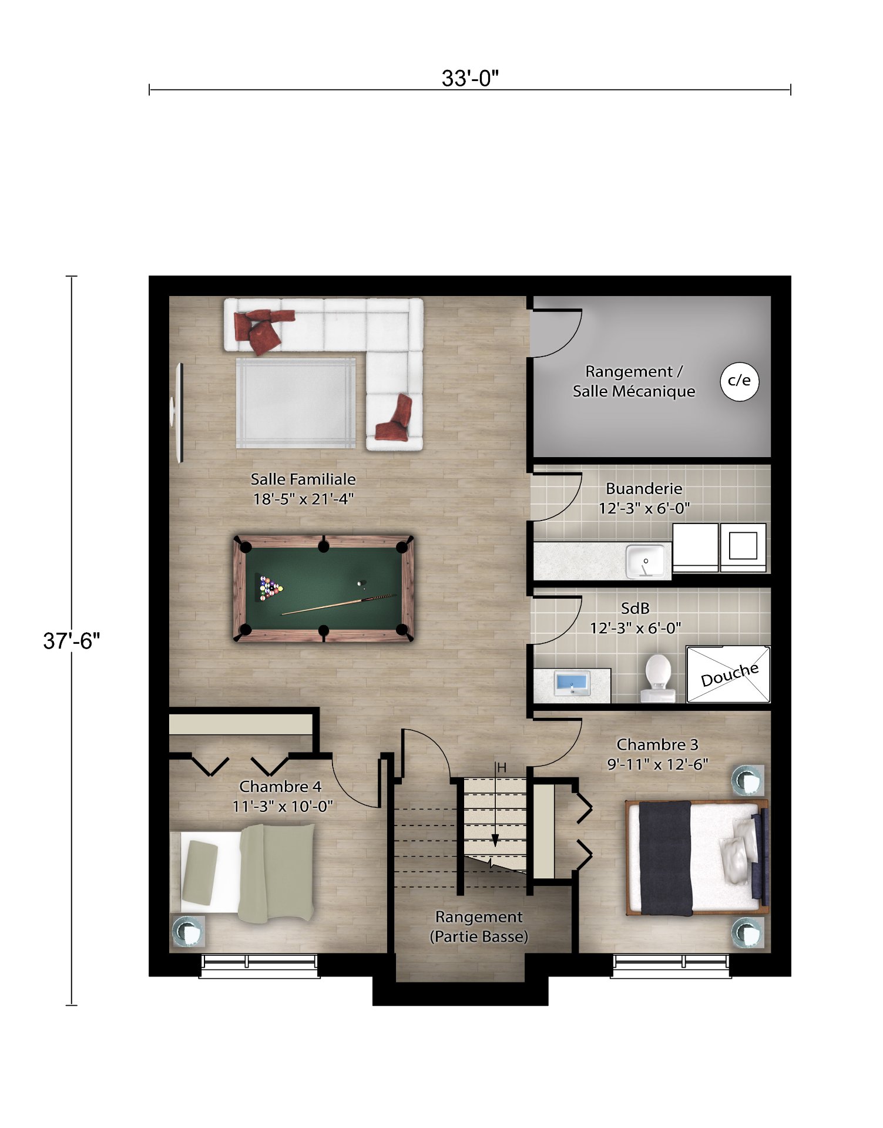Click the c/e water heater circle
[739, 381]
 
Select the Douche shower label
[729, 674]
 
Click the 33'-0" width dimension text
[470, 78]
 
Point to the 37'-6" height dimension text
[72, 640]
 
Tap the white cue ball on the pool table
[360, 583]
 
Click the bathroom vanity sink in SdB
[572, 683]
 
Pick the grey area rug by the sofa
[296, 403]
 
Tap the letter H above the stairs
[502, 768]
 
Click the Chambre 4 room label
[280, 786]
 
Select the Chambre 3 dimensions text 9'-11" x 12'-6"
[657, 764]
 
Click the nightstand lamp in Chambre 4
[187, 931]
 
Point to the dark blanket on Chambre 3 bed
[666, 858]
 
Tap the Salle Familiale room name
[303, 479]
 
